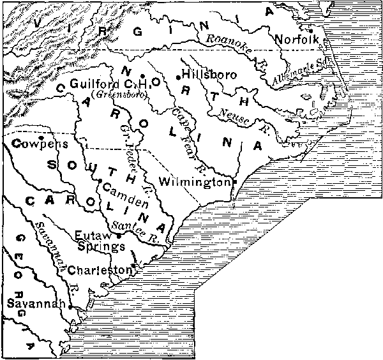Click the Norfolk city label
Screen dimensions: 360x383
tap(292, 39)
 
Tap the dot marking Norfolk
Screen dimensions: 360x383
tap(310, 30)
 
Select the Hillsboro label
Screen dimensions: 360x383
tap(209, 75)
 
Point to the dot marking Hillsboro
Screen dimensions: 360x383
tap(178, 77)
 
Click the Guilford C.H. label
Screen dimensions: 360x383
tap(109, 84)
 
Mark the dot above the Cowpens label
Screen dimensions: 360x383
tap(40, 136)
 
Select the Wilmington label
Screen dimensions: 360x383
tap(193, 181)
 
